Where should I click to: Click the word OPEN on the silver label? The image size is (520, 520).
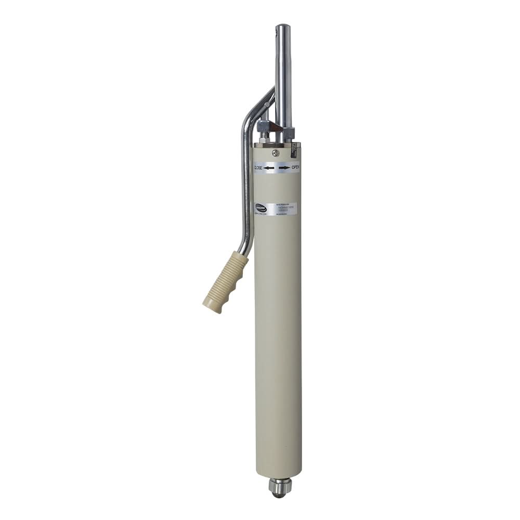coord(295,167)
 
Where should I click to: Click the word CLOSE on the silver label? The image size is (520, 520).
coord(258,167)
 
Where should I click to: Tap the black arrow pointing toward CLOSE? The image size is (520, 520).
coord(269,168)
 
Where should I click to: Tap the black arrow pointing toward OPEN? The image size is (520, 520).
coord(284,168)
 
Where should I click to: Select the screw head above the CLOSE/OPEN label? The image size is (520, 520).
coord(275,153)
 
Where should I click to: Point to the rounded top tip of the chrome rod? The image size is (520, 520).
coord(283,27)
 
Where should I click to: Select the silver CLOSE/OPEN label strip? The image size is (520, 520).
coord(276,168)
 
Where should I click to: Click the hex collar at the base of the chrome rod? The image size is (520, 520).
coord(288,132)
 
